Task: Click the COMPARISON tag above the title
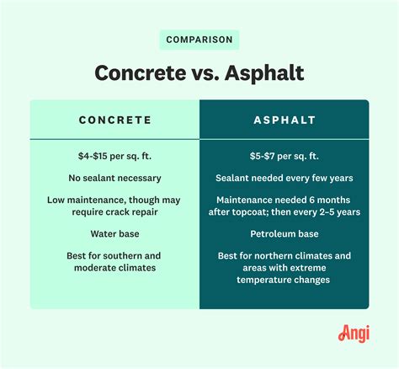199,40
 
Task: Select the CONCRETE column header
115,120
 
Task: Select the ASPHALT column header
284,120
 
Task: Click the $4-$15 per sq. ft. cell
115,156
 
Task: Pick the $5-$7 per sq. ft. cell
284,156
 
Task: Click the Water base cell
115,233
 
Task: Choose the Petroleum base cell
284,233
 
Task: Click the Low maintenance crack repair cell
115,205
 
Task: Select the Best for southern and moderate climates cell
115,261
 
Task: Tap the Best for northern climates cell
284,267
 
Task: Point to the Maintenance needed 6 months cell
284,205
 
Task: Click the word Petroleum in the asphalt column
269,233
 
